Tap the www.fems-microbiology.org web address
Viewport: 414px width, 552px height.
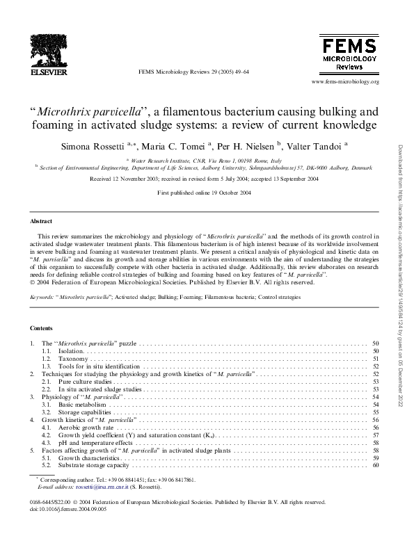point(345,81)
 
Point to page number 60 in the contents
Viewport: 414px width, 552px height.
point(375,465)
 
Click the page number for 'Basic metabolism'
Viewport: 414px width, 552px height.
point(375,404)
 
